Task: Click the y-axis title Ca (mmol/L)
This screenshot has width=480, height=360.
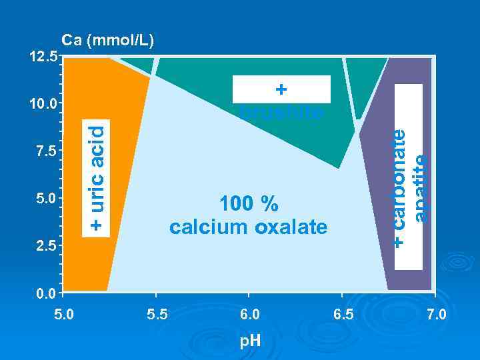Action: coord(108,41)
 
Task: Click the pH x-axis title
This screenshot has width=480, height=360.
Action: coord(250,341)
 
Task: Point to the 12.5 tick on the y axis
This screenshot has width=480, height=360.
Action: coord(43,57)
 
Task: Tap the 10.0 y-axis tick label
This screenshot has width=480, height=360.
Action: coord(43,104)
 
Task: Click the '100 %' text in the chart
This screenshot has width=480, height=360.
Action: coord(248,203)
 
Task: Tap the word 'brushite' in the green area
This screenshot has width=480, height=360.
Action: coord(282,112)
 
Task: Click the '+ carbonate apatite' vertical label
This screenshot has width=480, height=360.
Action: coord(408,187)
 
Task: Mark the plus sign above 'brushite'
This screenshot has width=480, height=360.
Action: coord(281,89)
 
